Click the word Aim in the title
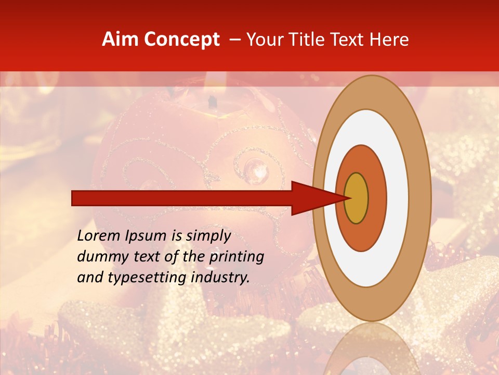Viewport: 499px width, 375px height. [x=120, y=40]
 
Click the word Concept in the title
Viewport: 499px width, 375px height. [x=181, y=40]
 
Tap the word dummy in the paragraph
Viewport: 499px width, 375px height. [x=101, y=257]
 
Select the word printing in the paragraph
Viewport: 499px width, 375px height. [x=237, y=257]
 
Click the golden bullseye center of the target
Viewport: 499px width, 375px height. [x=357, y=198]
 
